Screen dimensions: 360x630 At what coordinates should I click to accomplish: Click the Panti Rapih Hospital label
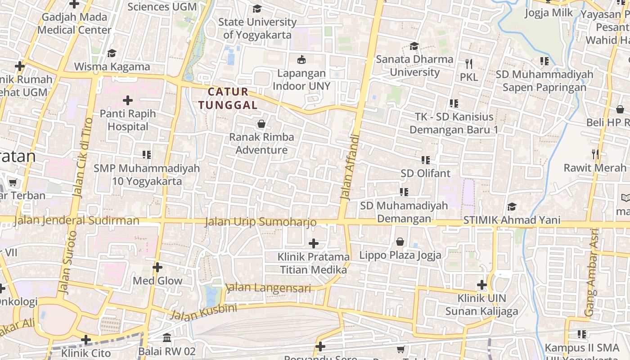pyautogui.click(x=128, y=120)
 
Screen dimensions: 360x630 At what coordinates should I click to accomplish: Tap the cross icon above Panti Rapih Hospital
pyautogui.click(x=128, y=100)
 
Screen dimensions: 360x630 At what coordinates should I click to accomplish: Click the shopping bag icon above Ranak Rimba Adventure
pyautogui.click(x=261, y=124)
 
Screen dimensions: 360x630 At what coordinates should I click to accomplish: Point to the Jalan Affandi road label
pyautogui.click(x=351, y=166)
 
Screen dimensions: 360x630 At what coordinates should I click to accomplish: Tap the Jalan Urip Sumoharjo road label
pyautogui.click(x=261, y=222)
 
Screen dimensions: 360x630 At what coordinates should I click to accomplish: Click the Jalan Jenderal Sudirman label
pyautogui.click(x=76, y=220)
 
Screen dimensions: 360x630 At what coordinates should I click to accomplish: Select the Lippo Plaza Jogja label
pyautogui.click(x=400, y=255)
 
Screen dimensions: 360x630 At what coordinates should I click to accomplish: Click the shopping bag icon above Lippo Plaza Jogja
pyautogui.click(x=400, y=242)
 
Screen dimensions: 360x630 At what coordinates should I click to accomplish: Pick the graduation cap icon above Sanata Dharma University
pyautogui.click(x=414, y=46)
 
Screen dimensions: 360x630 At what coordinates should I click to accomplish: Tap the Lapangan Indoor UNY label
pyautogui.click(x=301, y=80)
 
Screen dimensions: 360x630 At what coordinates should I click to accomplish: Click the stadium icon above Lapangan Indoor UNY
pyautogui.click(x=301, y=59)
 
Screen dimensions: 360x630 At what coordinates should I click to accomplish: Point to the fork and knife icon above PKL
pyautogui.click(x=468, y=63)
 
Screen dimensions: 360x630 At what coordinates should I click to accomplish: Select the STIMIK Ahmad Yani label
pyautogui.click(x=512, y=220)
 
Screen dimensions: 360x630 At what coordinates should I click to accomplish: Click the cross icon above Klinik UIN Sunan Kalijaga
pyautogui.click(x=482, y=285)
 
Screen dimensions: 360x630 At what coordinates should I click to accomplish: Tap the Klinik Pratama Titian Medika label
pyautogui.click(x=314, y=263)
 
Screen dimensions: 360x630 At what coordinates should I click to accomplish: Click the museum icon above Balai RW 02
pyautogui.click(x=167, y=337)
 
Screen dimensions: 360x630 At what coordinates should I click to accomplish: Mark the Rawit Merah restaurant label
pyautogui.click(x=595, y=168)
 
